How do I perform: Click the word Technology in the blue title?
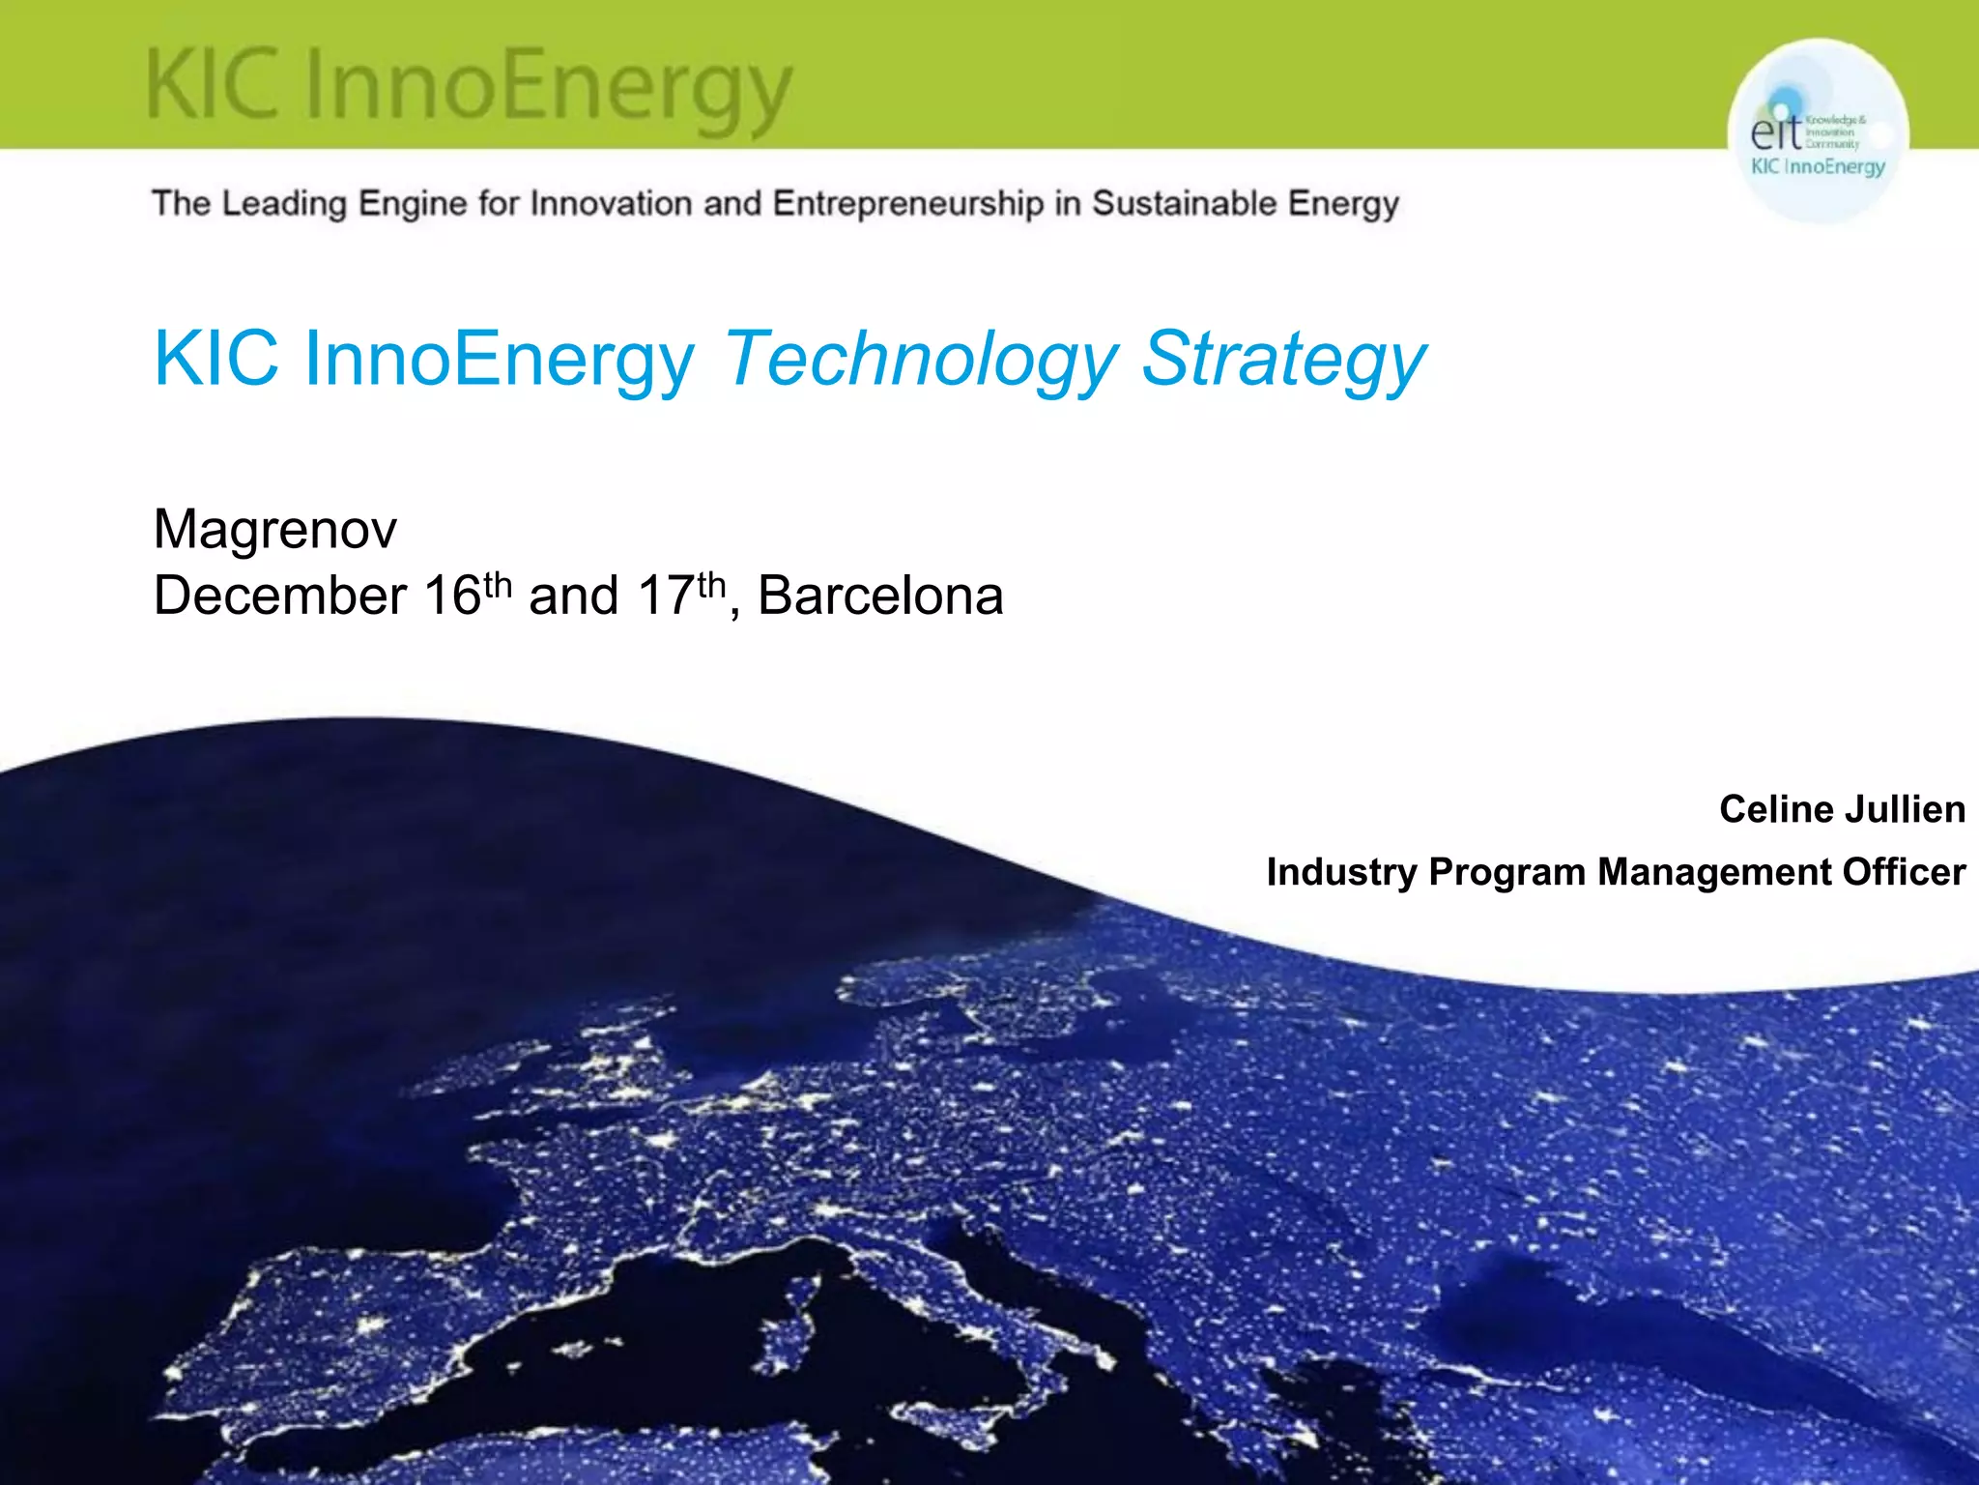point(921,360)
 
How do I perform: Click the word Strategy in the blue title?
point(1282,360)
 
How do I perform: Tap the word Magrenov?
point(275,530)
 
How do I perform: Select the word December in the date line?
point(280,596)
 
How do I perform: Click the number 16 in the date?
point(452,596)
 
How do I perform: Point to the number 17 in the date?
point(667,596)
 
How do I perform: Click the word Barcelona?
point(880,596)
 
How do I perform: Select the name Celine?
point(1776,809)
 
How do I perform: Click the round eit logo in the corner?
point(1818,132)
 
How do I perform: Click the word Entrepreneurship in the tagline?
point(908,204)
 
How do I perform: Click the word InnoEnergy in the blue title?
point(500,360)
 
